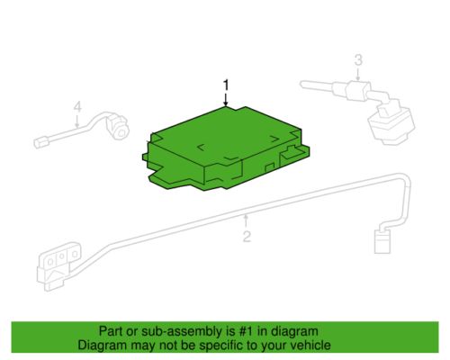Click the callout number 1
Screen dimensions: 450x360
pyautogui.click(x=226, y=85)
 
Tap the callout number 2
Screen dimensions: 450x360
pyautogui.click(x=247, y=237)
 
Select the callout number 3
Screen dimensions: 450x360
pyautogui.click(x=358, y=60)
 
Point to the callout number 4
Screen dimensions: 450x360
pyautogui.click(x=77, y=107)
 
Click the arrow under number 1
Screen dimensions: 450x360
pyautogui.click(x=226, y=99)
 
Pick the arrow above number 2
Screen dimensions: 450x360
pyautogui.click(x=247, y=221)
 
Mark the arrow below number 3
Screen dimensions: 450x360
pyautogui.click(x=358, y=74)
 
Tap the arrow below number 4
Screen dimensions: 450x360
pyautogui.click(x=77, y=121)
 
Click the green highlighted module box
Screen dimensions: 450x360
pyautogui.click(x=225, y=148)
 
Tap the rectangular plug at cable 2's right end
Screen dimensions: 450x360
pyautogui.click(x=382, y=241)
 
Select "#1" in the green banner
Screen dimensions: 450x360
pyautogui.click(x=247, y=331)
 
